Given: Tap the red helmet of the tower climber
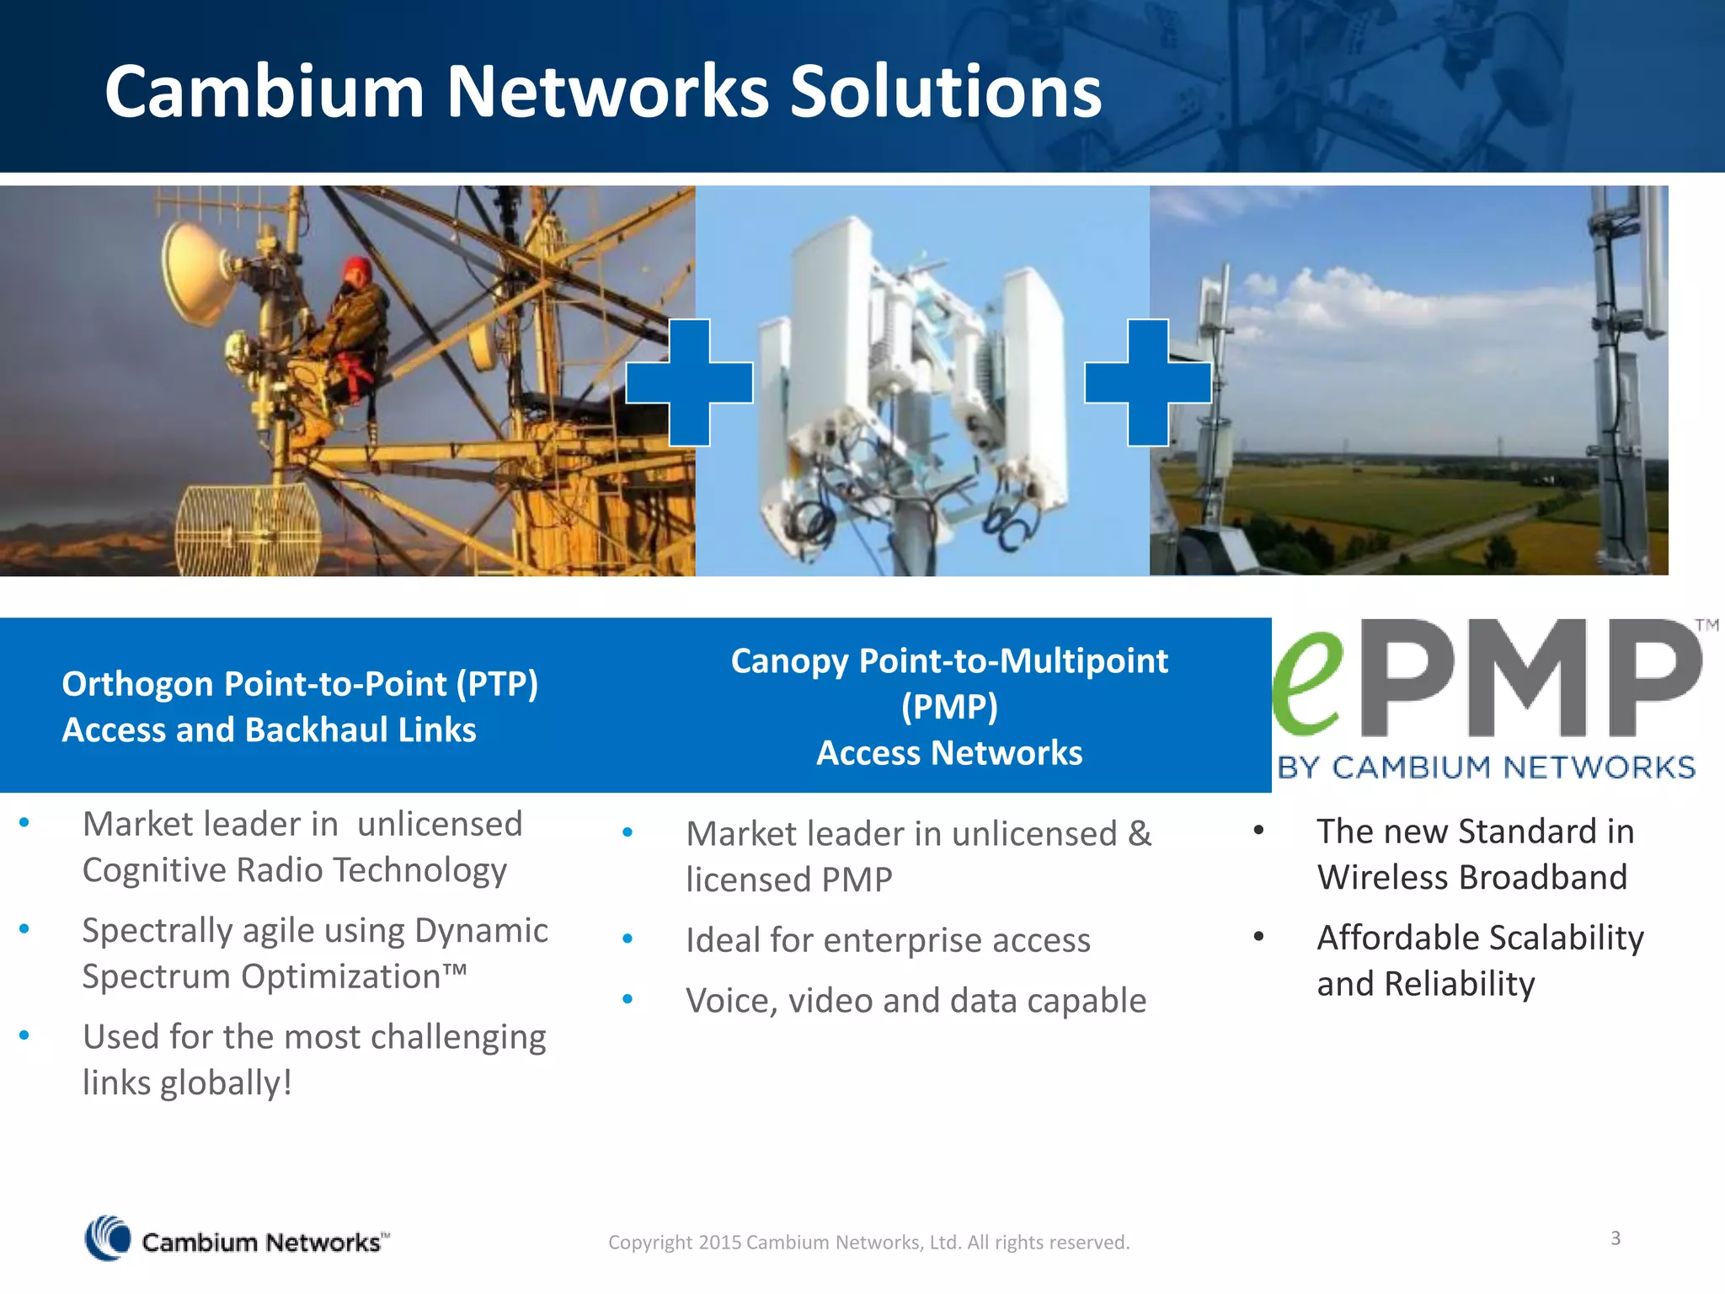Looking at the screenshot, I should click(x=358, y=271).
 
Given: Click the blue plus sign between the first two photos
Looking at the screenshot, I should click(x=689, y=382).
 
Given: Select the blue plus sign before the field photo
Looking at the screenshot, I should click(x=1148, y=382).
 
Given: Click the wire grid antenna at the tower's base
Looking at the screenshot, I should click(x=247, y=531).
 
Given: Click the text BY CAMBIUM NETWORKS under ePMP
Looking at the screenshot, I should click(x=1487, y=767).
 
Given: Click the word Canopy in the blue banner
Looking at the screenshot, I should click(x=789, y=661).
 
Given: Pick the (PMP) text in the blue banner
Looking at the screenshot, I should click(x=949, y=707).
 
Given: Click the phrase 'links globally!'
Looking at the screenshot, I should click(x=187, y=1083).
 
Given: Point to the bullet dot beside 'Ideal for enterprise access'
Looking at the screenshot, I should click(x=628, y=938).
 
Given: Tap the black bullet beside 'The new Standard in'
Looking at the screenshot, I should click(x=1258, y=831).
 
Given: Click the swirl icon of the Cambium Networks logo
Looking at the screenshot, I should click(x=108, y=1238).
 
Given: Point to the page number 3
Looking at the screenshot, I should click(x=1616, y=1238).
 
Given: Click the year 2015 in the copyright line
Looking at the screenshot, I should click(x=719, y=1243).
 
